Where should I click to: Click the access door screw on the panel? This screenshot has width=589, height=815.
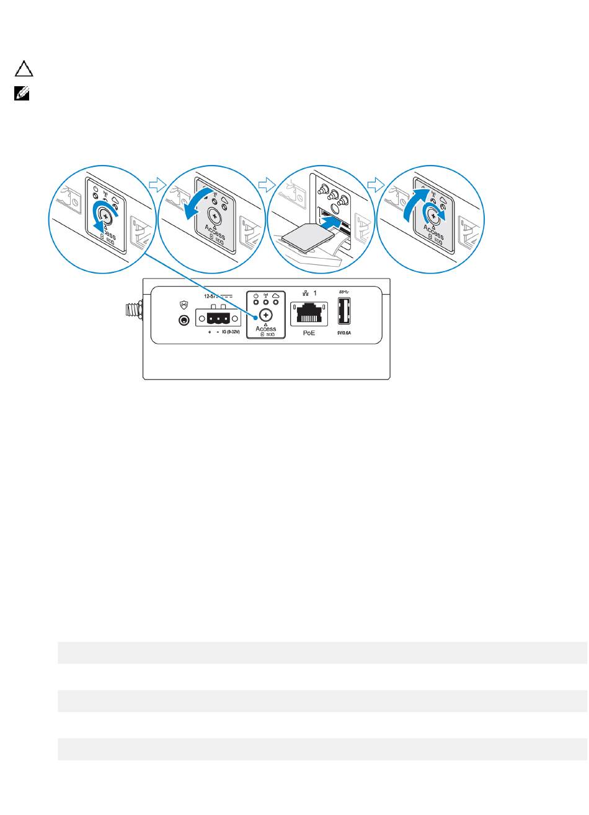tap(266, 315)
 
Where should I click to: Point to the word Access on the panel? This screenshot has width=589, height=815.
tap(266, 329)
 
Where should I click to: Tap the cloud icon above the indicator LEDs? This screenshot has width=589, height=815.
tap(276, 296)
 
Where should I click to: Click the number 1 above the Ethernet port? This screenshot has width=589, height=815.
tap(316, 292)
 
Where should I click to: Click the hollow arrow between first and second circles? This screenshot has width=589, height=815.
tap(157, 184)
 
